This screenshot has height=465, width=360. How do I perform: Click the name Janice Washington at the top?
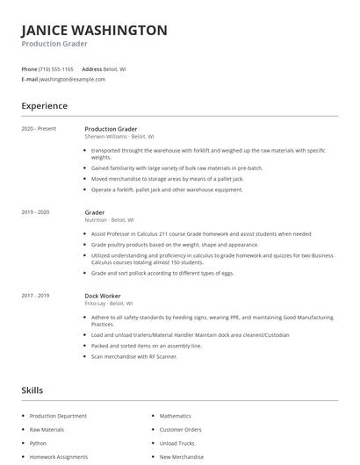coord(94,30)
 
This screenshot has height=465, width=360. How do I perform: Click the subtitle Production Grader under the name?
coord(54,43)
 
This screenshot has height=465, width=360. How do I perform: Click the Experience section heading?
coord(45,106)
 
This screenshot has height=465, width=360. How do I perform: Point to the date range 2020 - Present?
coord(39,129)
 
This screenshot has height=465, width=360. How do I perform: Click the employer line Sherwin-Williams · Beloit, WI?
coord(119,137)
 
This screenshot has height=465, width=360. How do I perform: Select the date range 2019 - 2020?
coord(35,212)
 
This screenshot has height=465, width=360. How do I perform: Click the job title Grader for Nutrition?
coord(95,212)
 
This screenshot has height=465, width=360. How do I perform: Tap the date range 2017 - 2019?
coord(35,296)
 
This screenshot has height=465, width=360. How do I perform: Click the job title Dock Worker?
coord(103,296)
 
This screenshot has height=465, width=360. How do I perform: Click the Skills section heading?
coord(32,390)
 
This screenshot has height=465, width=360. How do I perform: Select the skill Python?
coord(38,443)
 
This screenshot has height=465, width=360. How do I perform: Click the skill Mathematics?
coord(175,416)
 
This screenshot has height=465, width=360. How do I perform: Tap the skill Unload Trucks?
coord(176,443)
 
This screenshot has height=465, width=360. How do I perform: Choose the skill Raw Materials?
coord(47,430)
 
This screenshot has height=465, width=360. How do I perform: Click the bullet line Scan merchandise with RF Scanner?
coord(134,356)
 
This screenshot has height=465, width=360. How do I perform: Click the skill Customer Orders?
coord(180,430)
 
